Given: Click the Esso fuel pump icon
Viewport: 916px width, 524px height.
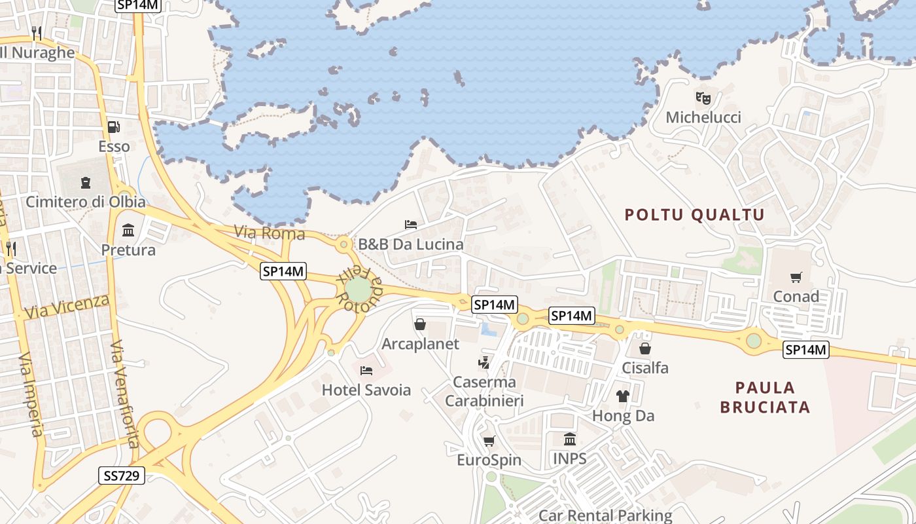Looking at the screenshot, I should [114, 126].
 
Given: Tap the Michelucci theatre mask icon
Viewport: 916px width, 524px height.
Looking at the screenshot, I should [703, 98].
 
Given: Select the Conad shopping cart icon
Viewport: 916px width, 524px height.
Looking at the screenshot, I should [796, 277].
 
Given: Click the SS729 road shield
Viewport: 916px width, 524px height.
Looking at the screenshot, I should [122, 475].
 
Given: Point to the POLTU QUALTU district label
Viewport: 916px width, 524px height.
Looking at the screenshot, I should [694, 215].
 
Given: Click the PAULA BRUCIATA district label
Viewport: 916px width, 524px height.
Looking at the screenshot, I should [765, 397].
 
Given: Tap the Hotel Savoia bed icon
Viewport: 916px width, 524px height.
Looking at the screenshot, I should [366, 370].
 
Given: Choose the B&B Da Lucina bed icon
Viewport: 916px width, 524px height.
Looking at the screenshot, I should [411, 225].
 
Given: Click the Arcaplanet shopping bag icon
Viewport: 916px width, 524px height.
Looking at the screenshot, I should [420, 324].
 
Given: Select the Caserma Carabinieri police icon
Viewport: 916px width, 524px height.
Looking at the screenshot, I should [484, 362].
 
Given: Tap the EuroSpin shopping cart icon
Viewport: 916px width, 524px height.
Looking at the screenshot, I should [489, 441].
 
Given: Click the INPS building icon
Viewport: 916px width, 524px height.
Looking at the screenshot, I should [569, 439].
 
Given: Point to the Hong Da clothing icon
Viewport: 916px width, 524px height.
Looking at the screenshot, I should [622, 396].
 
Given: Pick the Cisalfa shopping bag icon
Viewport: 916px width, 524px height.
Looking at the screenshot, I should [645, 348].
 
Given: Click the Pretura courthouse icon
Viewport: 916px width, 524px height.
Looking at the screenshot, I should [128, 231].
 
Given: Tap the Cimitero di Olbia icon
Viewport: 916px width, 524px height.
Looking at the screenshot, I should [85, 182].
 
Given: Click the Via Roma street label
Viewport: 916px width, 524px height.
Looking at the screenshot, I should [270, 233].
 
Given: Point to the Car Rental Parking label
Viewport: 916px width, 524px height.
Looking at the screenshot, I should [605, 515].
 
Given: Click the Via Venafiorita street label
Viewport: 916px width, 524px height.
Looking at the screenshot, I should [124, 393].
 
